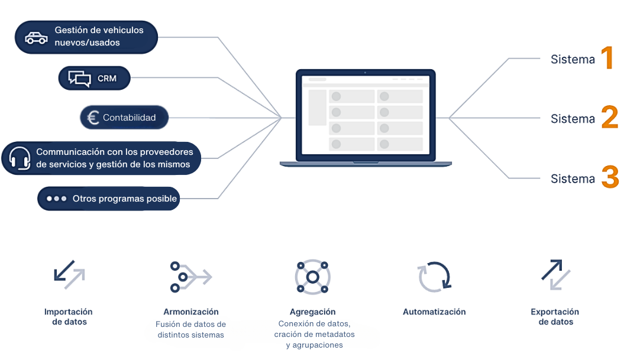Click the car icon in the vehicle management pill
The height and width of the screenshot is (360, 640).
(x=36, y=38)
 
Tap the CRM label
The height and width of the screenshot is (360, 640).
(x=107, y=78)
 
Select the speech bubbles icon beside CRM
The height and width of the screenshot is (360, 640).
(x=79, y=79)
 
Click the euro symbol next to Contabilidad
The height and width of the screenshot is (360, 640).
(x=93, y=118)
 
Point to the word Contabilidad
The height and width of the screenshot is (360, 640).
(x=129, y=118)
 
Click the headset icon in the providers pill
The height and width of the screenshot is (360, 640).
(x=20, y=158)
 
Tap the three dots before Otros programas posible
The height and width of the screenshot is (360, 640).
(x=56, y=199)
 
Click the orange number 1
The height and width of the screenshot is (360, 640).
(x=607, y=57)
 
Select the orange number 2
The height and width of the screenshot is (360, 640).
(x=610, y=117)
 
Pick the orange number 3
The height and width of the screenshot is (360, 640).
(x=610, y=177)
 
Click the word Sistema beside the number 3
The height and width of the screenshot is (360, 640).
(x=573, y=179)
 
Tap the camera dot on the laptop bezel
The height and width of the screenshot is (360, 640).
(x=365, y=73)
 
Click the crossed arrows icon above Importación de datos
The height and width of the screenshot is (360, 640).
(x=69, y=275)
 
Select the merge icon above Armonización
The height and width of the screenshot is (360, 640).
(x=190, y=277)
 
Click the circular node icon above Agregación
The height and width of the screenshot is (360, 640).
(x=313, y=277)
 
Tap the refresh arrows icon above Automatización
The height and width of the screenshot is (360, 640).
(x=434, y=277)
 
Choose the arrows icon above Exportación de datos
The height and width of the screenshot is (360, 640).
(x=555, y=275)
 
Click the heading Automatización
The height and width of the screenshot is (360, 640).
(x=434, y=312)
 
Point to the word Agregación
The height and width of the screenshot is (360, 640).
(x=313, y=312)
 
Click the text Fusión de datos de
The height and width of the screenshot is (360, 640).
(x=190, y=324)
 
